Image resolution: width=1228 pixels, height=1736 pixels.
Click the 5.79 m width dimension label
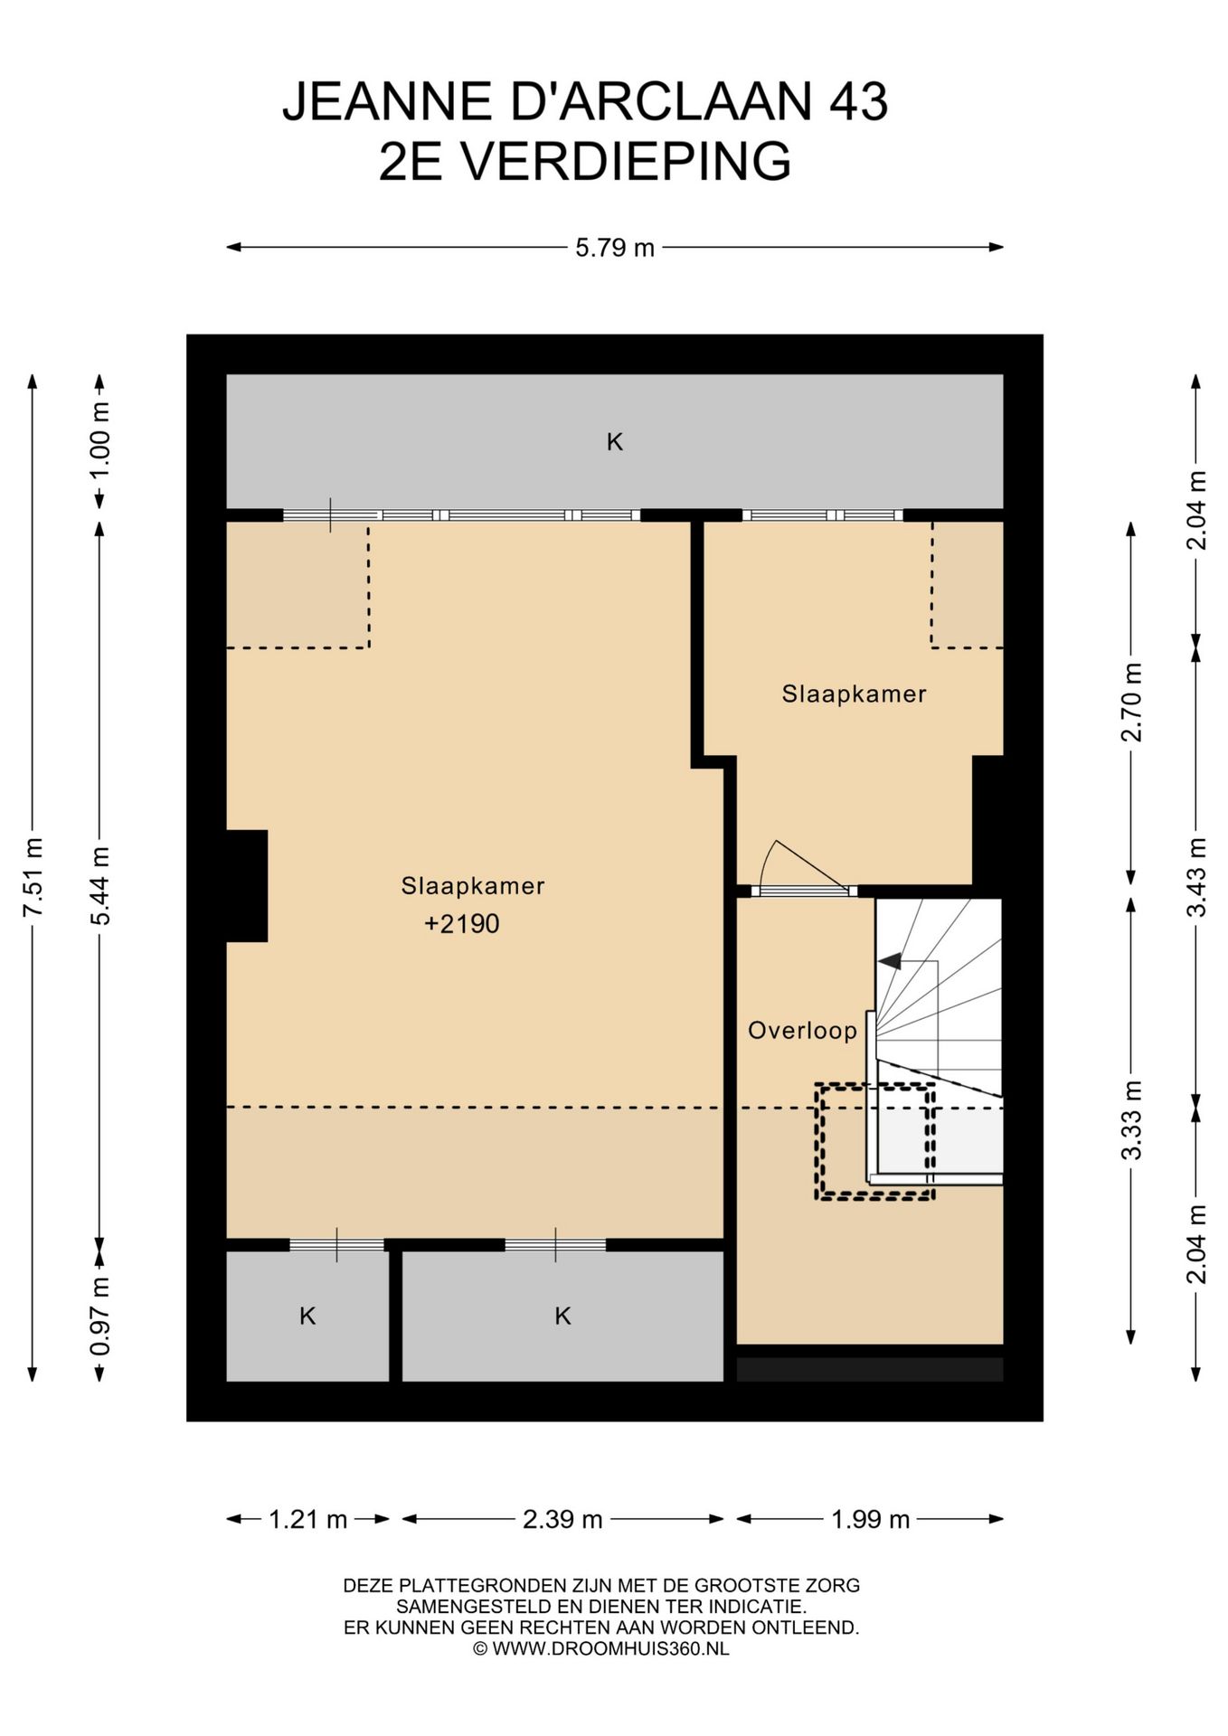click(x=615, y=247)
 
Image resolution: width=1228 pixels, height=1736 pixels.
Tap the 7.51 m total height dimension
click(x=33, y=877)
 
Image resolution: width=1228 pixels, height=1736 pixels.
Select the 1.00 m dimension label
click(x=99, y=441)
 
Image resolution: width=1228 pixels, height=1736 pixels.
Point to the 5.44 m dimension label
click(x=99, y=886)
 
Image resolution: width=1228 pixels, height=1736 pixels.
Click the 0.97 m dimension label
click(x=99, y=1316)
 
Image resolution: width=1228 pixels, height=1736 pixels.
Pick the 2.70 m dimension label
click(x=1131, y=703)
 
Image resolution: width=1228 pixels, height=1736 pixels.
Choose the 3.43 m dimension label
click(x=1196, y=877)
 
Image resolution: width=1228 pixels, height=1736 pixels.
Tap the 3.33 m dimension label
click(x=1131, y=1119)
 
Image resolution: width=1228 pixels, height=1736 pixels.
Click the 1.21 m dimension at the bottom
click(x=307, y=1520)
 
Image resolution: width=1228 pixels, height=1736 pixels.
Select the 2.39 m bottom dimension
click(x=562, y=1520)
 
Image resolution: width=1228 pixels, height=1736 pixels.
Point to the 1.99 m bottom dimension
click(x=870, y=1520)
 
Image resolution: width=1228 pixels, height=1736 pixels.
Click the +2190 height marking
click(x=461, y=924)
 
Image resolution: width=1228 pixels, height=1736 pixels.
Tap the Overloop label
click(x=802, y=1031)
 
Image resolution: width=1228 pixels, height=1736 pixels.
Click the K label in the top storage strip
click(x=615, y=442)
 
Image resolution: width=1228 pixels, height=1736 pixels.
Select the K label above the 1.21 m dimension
click(x=307, y=1316)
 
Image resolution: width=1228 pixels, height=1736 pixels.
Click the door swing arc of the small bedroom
click(x=767, y=859)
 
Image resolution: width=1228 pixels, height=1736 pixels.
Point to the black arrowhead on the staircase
click(x=890, y=960)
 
